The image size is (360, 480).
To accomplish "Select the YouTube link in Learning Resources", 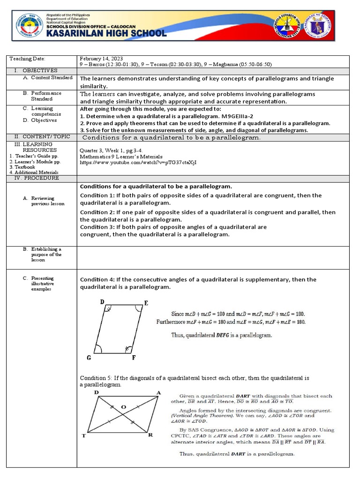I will click(x=138, y=162).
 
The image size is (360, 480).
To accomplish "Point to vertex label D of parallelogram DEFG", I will click(x=102, y=302).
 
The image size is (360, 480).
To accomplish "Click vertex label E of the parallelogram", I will click(x=146, y=303).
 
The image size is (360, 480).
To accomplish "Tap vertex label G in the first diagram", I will click(x=89, y=358).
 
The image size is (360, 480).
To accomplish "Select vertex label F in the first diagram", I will click(x=134, y=358).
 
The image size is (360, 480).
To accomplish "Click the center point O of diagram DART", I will click(x=123, y=407).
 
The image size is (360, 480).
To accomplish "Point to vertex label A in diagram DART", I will click(x=158, y=392).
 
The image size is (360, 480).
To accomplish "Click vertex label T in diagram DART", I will click(x=84, y=436).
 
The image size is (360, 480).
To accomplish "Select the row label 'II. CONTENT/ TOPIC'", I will click(x=42, y=136).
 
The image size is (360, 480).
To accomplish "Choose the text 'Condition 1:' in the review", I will click(x=97, y=195).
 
